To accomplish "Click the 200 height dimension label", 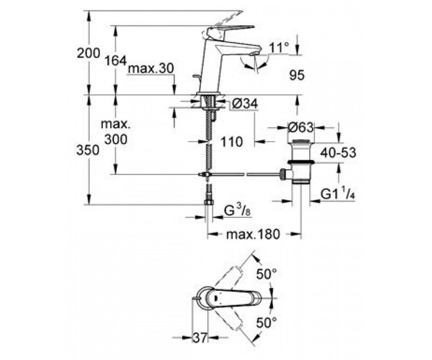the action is [89, 53].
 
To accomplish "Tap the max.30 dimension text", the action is [150, 68].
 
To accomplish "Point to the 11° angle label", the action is [279, 48].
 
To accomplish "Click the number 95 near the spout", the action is [297, 75].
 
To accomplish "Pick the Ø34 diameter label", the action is [245, 103].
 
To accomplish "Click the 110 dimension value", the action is [231, 142].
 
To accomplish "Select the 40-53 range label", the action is [338, 152].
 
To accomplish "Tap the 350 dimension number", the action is [88, 150].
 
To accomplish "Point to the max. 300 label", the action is [116, 132].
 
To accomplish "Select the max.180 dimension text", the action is [253, 234].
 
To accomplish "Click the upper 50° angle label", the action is [266, 274].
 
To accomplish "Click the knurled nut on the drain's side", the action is [283, 174].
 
